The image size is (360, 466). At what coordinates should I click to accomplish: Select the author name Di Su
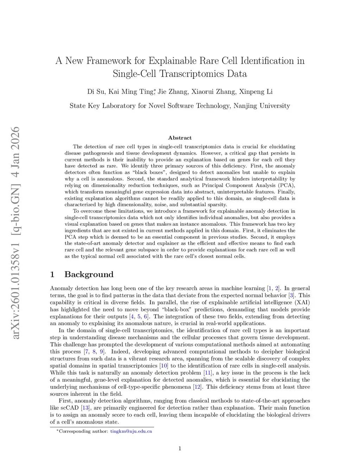96,92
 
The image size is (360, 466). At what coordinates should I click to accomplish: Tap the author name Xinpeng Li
256,92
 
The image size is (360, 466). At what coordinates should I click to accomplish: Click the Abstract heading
180,138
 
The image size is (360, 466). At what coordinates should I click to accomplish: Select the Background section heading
89,275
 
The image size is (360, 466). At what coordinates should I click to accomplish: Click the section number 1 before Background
52,275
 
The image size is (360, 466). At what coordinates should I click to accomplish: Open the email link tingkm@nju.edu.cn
131,431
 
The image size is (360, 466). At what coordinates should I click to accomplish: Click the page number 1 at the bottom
180,448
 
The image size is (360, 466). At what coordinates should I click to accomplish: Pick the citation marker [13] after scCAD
85,408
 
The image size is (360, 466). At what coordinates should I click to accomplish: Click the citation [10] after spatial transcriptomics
164,366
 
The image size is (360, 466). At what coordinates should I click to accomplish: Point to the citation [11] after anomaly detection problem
208,373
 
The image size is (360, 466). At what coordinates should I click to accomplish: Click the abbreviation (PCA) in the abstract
287,185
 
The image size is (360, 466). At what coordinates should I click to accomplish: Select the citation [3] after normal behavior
291,295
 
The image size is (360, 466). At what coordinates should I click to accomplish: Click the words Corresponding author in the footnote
83,431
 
